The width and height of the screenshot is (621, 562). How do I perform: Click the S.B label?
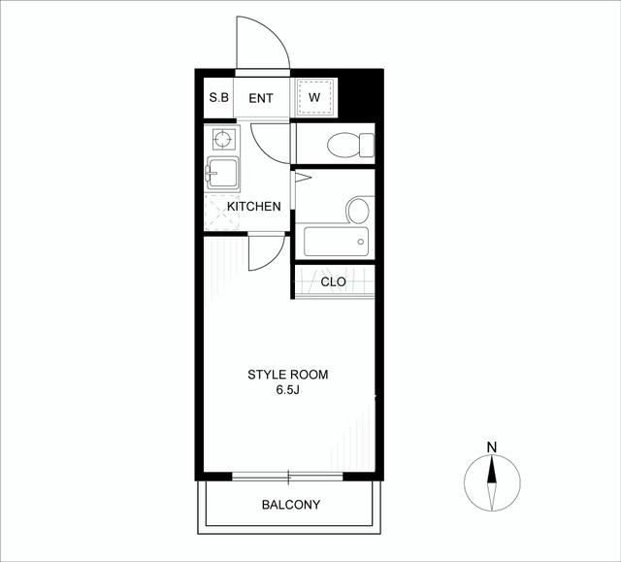click(x=219, y=97)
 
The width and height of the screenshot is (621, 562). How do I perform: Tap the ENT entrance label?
click(x=261, y=98)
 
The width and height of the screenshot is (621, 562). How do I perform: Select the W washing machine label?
click(x=314, y=97)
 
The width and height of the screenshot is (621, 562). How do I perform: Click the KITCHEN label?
click(x=254, y=207)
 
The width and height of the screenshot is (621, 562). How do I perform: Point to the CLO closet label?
click(x=333, y=282)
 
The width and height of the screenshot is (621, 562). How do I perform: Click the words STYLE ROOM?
click(x=288, y=375)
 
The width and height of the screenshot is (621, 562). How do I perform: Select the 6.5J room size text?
click(x=287, y=390)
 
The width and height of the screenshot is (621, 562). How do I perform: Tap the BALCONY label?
click(x=291, y=505)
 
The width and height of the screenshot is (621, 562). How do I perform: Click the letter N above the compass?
click(x=492, y=447)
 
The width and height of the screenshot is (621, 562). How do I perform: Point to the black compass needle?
click(x=492, y=470)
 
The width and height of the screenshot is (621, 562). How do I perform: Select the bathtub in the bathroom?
click(x=337, y=242)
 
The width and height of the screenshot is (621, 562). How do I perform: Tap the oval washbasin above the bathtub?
click(x=358, y=211)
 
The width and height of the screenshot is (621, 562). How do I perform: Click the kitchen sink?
click(x=222, y=174)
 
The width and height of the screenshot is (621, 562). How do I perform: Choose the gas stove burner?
click(x=222, y=140)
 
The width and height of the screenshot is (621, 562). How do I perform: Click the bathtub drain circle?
click(x=360, y=242)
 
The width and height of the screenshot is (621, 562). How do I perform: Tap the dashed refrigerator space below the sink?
click(x=222, y=213)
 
